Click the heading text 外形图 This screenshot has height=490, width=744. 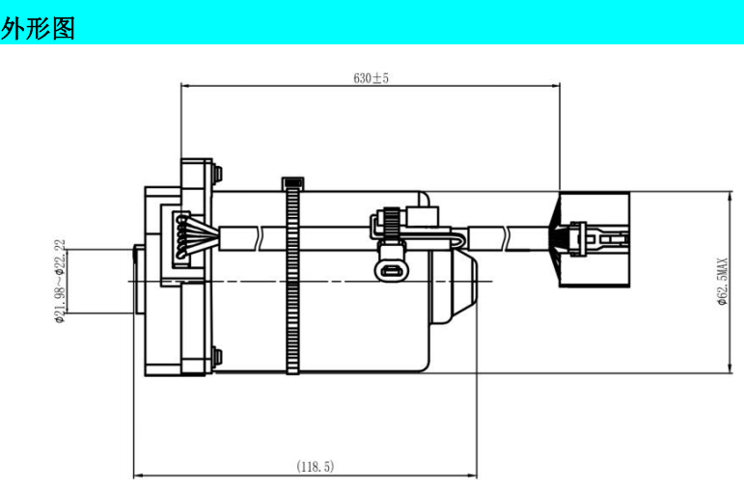pos(38,29)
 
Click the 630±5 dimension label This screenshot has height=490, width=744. pos(372,78)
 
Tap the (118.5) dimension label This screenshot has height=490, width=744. pos(315,466)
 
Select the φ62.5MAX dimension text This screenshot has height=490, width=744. pos(722,282)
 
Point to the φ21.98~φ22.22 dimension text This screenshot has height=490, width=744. pos(60,282)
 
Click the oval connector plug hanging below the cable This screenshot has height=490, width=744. pos(390,270)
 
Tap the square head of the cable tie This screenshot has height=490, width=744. pos(292,182)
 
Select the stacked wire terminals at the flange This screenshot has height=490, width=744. pos(181,237)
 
